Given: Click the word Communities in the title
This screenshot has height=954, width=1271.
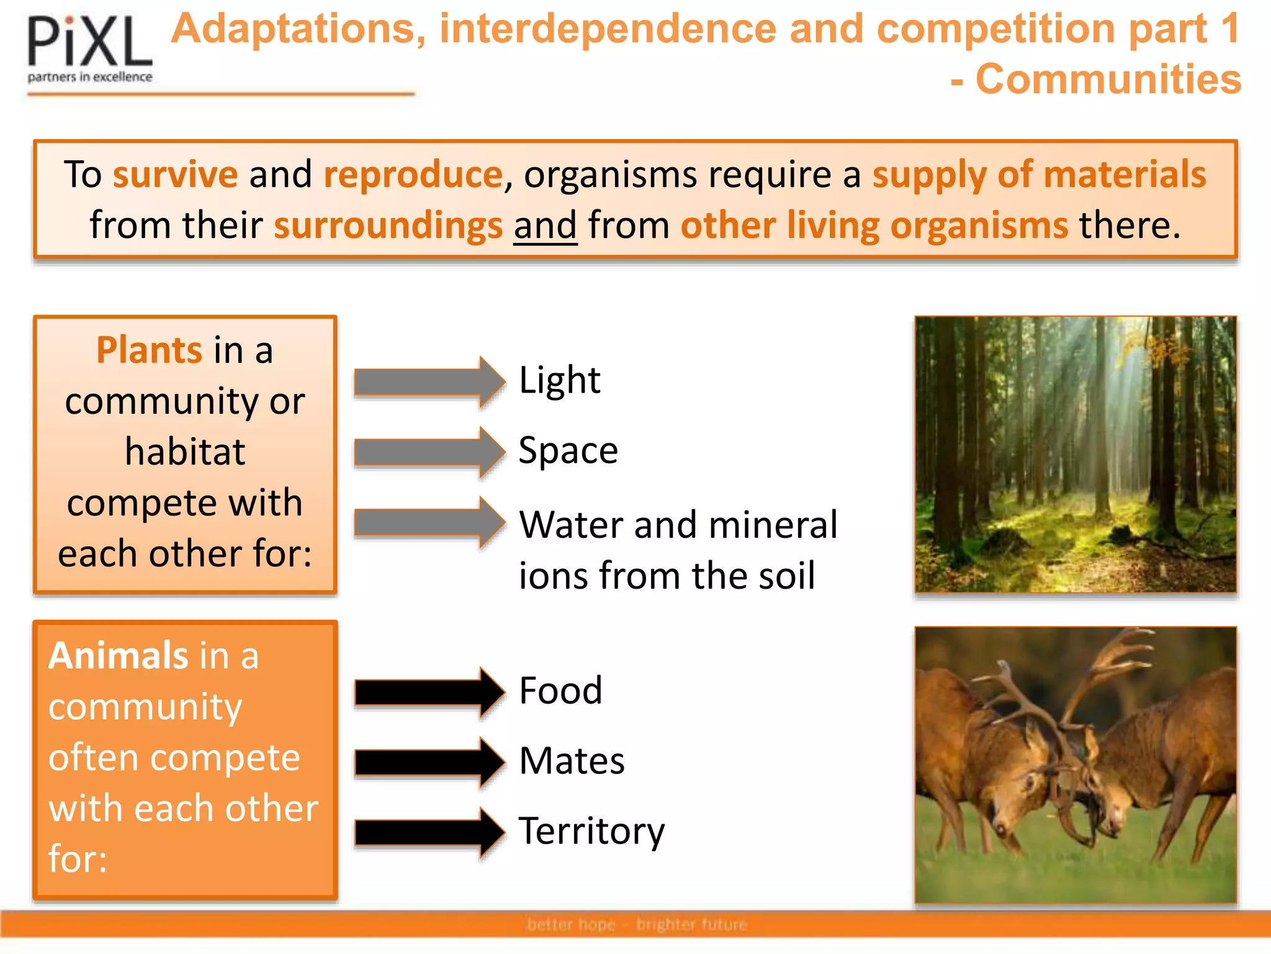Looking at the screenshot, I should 1108,79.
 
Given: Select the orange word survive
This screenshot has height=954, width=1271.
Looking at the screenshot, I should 175,175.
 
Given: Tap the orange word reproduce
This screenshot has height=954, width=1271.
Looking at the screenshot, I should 413,175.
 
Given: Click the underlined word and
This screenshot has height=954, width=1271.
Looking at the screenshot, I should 545,225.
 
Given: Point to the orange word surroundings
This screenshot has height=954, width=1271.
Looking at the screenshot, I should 388,225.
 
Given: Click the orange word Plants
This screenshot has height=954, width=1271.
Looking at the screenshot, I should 149,350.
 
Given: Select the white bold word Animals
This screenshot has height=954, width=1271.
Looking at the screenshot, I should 119,656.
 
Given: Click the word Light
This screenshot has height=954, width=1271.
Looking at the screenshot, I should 559,380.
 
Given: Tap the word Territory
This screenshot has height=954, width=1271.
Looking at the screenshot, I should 591,831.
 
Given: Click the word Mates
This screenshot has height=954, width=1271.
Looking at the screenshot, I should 572,761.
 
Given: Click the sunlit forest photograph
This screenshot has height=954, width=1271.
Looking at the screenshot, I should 1076,454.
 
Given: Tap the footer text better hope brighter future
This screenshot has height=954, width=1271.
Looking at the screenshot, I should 637,925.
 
